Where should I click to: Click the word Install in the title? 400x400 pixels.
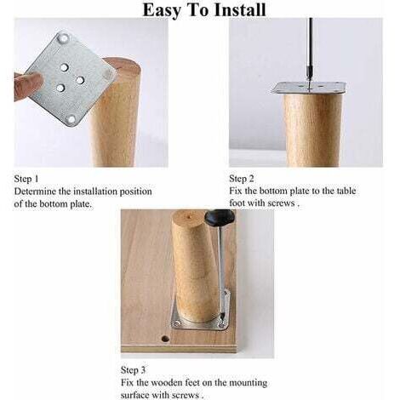pos(240,9)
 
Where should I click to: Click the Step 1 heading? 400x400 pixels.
pos(26,179)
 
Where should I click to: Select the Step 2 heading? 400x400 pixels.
pos(242,179)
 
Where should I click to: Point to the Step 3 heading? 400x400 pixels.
pos(133,370)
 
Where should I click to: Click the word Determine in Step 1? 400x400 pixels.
pos(35,191)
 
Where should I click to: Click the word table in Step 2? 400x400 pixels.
pos(346,191)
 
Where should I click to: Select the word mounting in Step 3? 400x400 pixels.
pos(249,382)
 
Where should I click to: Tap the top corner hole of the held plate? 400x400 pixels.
pos(63,37)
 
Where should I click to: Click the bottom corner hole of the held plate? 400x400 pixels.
pos(71,119)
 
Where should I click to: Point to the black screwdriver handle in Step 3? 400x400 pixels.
pos(219,218)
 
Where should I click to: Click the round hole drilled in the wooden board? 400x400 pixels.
pos(164,339)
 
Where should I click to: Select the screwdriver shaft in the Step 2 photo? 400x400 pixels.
pos(311,54)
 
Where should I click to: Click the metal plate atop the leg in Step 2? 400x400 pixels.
pos(308,88)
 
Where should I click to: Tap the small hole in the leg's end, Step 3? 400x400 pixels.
pos(189,218)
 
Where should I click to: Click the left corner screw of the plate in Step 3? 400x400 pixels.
pos(177,323)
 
